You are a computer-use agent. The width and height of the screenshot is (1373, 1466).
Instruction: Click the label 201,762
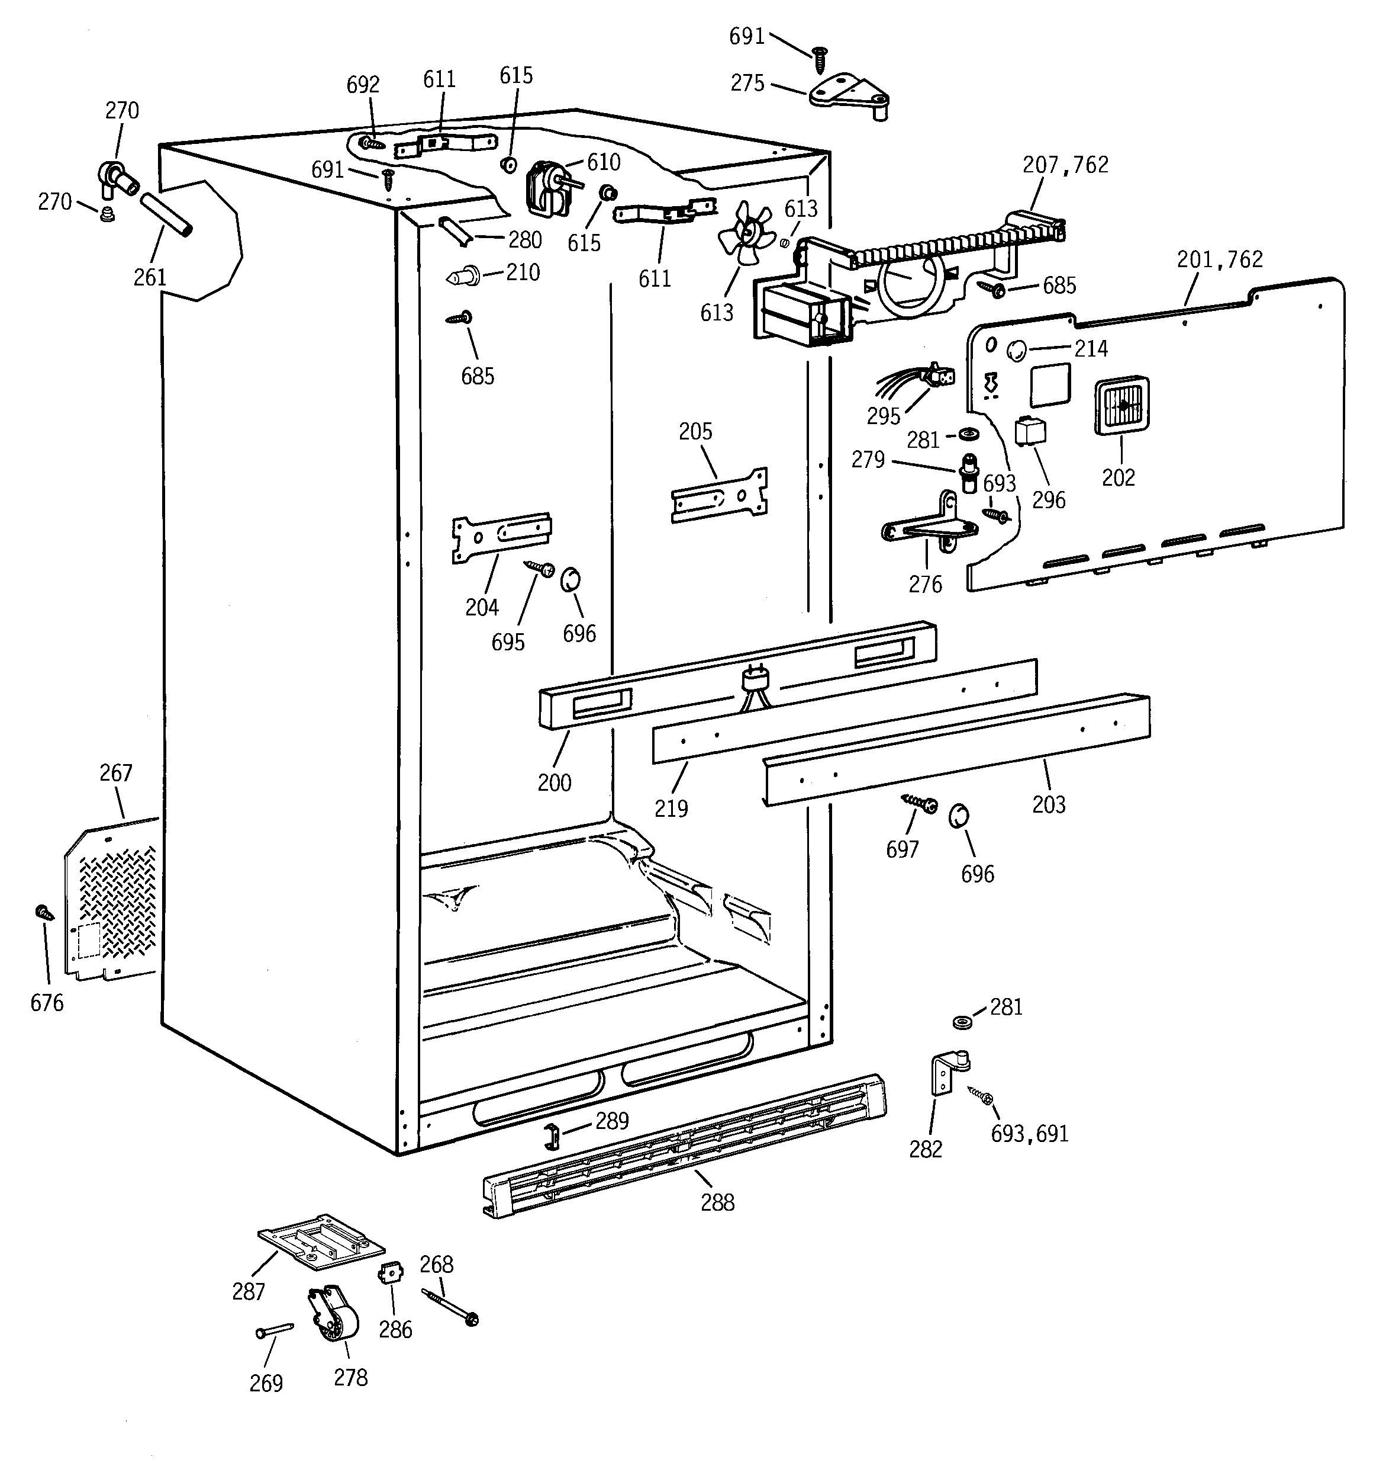tap(1219, 259)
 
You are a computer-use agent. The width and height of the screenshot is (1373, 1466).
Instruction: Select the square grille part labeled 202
tap(1121, 406)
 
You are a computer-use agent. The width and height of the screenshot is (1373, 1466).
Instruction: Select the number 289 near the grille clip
tap(612, 1121)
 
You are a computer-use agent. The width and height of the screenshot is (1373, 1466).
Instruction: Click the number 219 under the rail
tap(671, 808)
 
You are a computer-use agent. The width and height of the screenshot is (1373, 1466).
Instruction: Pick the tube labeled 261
tap(166, 214)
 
